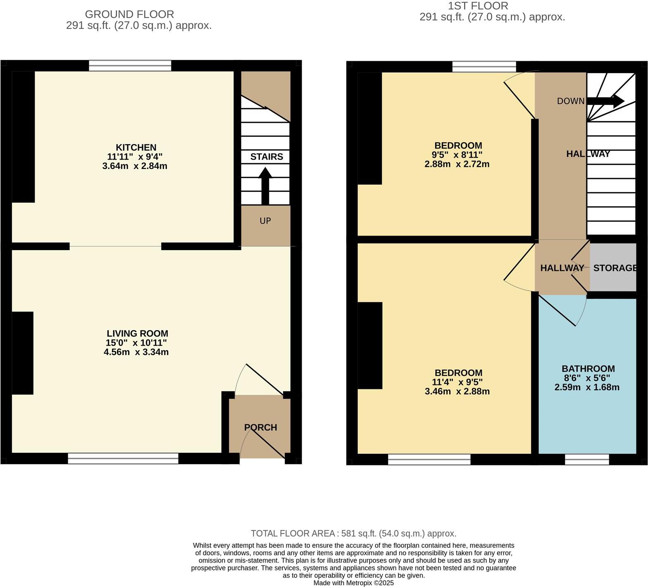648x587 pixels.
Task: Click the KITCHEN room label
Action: [x=136, y=148]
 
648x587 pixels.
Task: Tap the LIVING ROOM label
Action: [x=137, y=334]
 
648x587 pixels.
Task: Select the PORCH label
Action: [x=260, y=427]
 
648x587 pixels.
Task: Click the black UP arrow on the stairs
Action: [x=265, y=186]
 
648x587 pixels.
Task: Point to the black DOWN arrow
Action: [x=605, y=101]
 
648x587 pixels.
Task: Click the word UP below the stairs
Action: [x=265, y=221]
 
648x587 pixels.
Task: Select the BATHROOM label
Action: [x=588, y=369]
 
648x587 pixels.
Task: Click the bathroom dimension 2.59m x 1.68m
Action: [x=587, y=387]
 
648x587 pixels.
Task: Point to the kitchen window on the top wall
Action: [x=130, y=66]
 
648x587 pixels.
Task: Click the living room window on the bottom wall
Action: [x=123, y=458]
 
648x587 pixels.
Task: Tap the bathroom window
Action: [x=587, y=459]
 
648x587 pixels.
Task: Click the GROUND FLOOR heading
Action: [x=129, y=14]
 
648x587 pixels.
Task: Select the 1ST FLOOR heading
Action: [x=478, y=6]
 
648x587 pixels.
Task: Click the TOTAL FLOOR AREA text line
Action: [x=353, y=533]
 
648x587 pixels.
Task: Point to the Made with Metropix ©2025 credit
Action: [x=353, y=583]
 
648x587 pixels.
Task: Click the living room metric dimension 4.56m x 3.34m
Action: [x=136, y=352]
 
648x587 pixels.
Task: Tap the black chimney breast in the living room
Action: [x=22, y=353]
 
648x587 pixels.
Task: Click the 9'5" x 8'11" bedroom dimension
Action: [x=457, y=155]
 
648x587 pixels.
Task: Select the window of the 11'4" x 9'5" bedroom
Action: [x=429, y=459]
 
